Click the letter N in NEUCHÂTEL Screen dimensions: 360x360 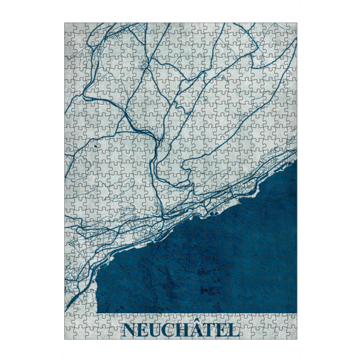(x=129, y=331)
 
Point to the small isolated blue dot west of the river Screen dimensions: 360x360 (x=95, y=146)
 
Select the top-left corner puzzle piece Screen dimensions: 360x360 (x=69, y=28)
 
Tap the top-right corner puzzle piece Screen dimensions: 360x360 (x=292, y=28)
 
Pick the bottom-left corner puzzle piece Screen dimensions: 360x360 (x=69, y=335)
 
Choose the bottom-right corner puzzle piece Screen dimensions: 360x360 (x=292, y=335)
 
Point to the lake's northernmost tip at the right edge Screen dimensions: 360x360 (x=296, y=161)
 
